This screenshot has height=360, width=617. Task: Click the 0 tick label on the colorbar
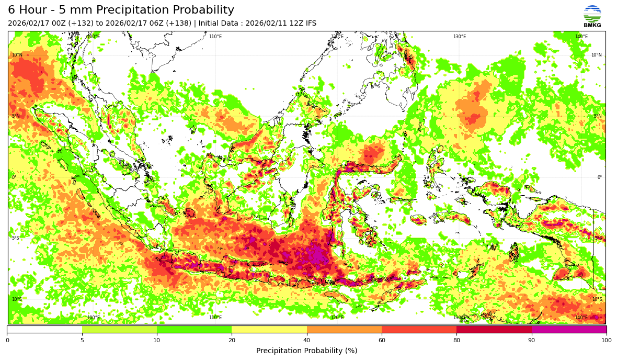[x=7, y=340]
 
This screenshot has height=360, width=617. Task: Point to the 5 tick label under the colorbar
[x=82, y=340]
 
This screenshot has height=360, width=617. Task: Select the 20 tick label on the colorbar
[x=232, y=340]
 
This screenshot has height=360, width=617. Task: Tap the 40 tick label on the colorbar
[x=307, y=340]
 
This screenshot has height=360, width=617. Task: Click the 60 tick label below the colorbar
[x=382, y=340]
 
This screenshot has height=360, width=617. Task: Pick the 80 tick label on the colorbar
[x=456, y=340]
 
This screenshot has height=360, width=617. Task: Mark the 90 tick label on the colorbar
[x=532, y=340]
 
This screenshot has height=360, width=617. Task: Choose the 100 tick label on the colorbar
[x=606, y=340]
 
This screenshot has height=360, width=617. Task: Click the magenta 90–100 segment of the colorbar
[x=569, y=330]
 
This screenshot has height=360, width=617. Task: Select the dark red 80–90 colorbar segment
[x=494, y=330]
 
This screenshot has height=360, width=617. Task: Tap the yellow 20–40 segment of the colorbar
[x=269, y=330]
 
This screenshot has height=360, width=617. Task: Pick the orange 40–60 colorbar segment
[x=344, y=330]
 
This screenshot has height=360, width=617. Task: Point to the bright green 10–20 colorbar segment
[x=194, y=330]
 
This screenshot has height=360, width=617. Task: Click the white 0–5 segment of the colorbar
[x=44, y=330]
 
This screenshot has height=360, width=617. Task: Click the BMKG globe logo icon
[x=592, y=13]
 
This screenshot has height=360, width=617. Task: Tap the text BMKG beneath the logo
[x=592, y=26]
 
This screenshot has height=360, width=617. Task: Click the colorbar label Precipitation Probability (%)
[x=307, y=351]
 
